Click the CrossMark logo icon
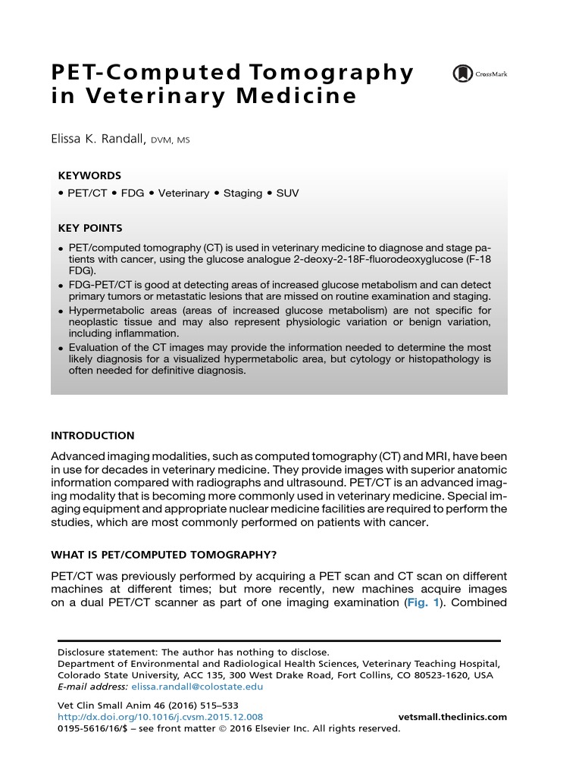click(461, 74)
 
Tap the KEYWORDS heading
click(89, 174)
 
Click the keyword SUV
click(288, 193)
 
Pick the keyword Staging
click(242, 193)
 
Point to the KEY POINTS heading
click(90, 227)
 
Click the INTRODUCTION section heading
click(92, 436)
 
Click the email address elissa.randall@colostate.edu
click(197, 687)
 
